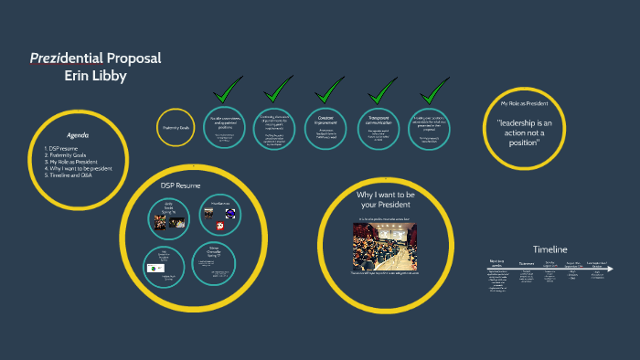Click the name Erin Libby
pyautogui.click(x=96, y=76)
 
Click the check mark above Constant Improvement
pyautogui.click(x=330, y=91)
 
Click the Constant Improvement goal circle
pyautogui.click(x=330, y=129)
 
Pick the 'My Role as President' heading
pyautogui.click(x=525, y=104)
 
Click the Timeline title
pyautogui.click(x=550, y=249)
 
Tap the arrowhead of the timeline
pyautogui.click(x=609, y=269)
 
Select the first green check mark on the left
pyautogui.click(x=226, y=91)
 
